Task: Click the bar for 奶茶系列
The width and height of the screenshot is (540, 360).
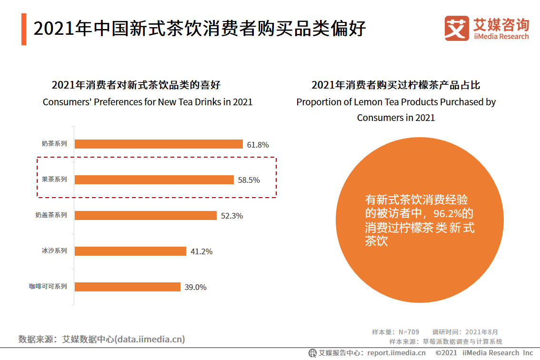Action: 159,144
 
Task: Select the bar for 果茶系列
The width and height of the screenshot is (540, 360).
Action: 154,180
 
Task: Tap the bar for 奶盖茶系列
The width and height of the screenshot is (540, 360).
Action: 145,215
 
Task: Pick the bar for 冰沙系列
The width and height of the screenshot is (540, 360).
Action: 130,251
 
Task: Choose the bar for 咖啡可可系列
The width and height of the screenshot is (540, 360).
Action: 127,287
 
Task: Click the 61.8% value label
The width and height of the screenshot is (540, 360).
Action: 258,145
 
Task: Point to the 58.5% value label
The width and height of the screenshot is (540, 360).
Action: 249,180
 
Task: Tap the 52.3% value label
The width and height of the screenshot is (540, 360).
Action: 232,216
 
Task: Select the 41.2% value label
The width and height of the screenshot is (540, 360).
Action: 201,251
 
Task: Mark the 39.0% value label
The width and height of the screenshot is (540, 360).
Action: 196,287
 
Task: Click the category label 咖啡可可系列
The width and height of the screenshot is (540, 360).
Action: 48,287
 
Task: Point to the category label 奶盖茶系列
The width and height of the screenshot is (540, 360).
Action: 51,215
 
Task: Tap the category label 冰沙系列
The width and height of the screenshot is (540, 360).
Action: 54,251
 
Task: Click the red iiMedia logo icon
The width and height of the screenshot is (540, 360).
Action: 457,29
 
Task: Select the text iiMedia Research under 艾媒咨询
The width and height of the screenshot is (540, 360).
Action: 501,37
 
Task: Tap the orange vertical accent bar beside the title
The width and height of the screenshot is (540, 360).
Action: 24,30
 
